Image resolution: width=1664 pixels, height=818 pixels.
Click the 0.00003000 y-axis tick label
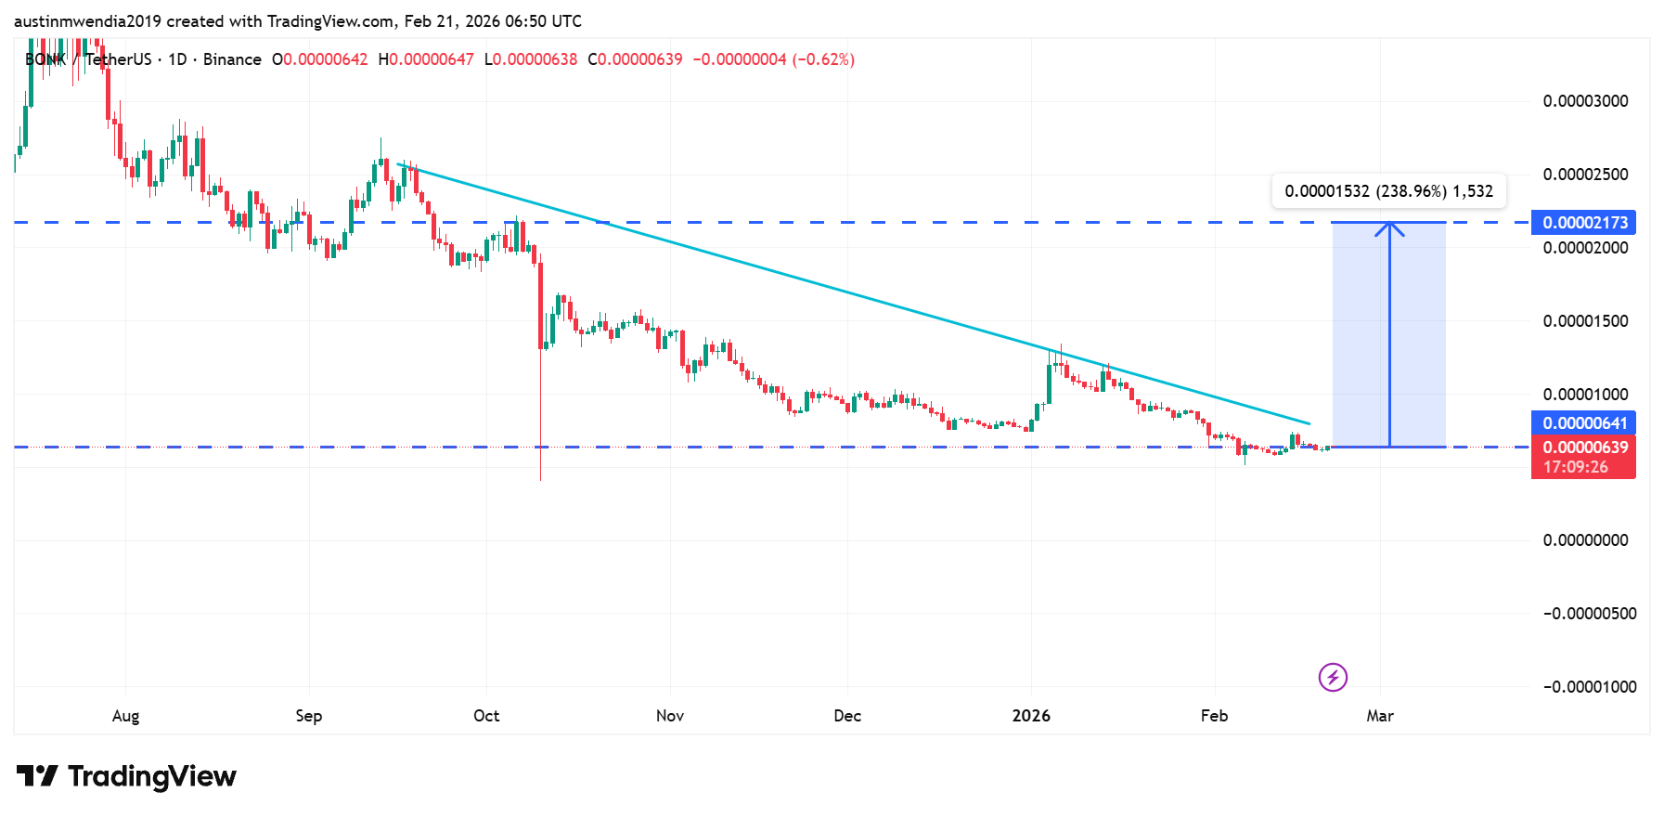[1585, 101]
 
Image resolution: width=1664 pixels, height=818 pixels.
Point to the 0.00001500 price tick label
[1585, 321]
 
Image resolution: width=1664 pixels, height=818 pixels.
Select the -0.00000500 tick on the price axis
[1589, 614]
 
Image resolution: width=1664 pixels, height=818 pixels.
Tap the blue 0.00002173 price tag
[1583, 223]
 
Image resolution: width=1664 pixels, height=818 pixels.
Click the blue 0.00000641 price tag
[1583, 423]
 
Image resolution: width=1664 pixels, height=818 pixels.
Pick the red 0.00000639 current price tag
[1583, 448]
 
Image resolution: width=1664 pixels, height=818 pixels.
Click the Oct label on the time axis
[486, 716]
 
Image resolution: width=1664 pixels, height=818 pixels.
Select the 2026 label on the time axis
[1031, 716]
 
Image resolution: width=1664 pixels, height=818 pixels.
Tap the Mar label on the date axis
[1380, 716]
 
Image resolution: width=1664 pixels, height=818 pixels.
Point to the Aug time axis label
[125, 716]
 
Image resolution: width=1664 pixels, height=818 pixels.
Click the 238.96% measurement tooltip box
[1388, 191]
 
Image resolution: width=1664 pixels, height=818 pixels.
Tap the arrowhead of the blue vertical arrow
[1389, 226]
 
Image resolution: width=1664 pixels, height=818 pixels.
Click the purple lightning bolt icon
[1333, 678]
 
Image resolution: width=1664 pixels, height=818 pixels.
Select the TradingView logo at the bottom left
[127, 776]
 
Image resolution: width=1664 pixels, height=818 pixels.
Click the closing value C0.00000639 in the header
[635, 59]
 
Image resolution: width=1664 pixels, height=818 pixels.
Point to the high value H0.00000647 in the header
[426, 59]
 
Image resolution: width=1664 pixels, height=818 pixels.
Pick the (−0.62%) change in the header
[823, 59]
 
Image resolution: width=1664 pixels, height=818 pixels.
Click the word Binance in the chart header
[232, 59]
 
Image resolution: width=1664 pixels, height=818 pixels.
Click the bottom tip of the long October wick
[540, 480]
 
